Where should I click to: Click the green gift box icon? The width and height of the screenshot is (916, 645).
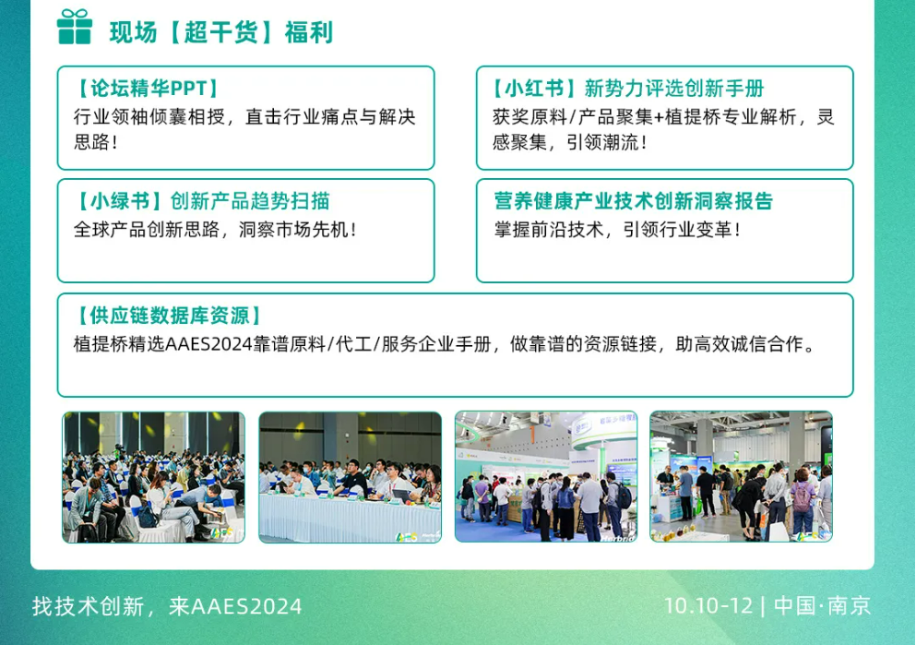coord(74,27)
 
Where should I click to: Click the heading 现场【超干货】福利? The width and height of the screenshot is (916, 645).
coord(220,32)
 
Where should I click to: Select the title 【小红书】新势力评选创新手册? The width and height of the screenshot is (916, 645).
coord(628,89)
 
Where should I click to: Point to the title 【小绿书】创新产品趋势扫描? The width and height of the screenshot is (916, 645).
coord(202,201)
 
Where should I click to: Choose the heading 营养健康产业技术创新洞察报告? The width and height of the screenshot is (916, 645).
coord(633,201)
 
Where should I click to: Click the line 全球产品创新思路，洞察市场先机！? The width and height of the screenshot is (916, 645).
coord(215,230)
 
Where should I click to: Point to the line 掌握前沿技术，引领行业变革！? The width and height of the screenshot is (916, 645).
coord(617,230)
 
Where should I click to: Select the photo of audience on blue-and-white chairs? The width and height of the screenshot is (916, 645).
coord(153,476)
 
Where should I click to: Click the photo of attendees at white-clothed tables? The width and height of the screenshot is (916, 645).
coord(350,476)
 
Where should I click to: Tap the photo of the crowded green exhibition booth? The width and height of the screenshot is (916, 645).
coord(546,476)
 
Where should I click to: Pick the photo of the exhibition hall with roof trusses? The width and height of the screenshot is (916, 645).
coord(741,476)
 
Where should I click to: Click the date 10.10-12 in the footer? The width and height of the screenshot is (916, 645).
coord(708,606)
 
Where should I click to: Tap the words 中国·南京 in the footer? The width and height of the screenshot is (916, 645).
coord(822,606)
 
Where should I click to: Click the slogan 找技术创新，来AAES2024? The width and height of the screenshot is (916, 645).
coord(167,606)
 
